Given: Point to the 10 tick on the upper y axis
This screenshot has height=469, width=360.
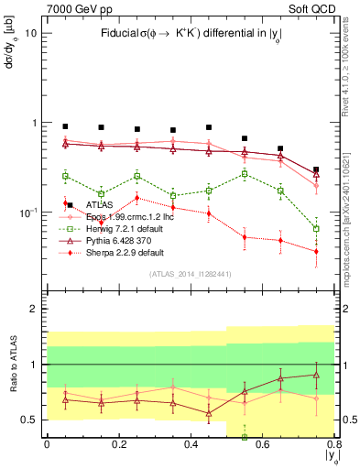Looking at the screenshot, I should pos(31,33).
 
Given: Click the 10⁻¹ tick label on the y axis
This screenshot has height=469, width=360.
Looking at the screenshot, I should pos(28,213).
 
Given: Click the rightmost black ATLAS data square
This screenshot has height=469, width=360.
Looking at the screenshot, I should pos(316,170).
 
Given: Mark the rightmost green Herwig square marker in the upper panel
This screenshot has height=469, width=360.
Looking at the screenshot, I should pos(316,229).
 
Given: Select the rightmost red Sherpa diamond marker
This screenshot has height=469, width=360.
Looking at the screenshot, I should pos(316,251).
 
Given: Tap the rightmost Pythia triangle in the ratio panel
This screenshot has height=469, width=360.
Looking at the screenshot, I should pos(316,375).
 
